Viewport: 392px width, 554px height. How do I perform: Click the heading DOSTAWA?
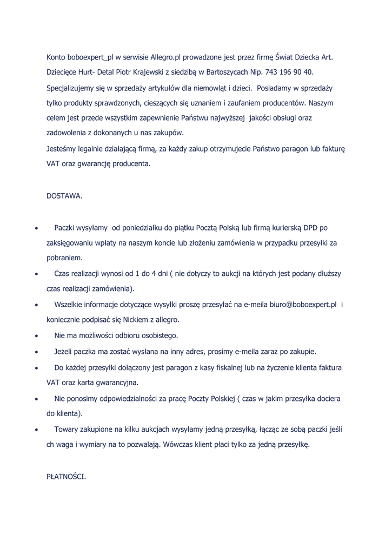[x=64, y=196]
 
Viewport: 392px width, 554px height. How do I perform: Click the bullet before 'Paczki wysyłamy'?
[x=36, y=228]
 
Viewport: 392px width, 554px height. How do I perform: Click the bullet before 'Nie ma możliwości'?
[x=36, y=336]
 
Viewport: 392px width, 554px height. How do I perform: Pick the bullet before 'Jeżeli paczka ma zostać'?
[x=36, y=352]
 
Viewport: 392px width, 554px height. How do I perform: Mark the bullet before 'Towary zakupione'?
[x=36, y=430]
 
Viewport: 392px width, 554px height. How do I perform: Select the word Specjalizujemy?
[x=72, y=88]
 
